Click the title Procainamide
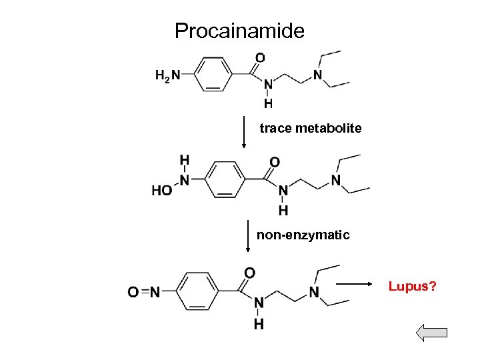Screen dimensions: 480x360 click(x=239, y=31)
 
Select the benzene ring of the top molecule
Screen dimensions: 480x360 click(x=213, y=74)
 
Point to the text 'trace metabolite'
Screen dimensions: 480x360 click(x=311, y=127)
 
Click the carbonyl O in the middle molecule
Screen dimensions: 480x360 click(x=274, y=162)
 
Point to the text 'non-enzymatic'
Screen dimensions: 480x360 click(x=303, y=235)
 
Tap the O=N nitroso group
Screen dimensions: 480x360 click(x=143, y=291)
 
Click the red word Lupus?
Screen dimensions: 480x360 click(x=413, y=287)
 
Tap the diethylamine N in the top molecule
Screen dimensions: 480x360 click(x=318, y=74)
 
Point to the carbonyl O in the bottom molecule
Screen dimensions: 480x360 click(x=249, y=273)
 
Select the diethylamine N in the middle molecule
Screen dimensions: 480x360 click(x=335, y=180)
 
